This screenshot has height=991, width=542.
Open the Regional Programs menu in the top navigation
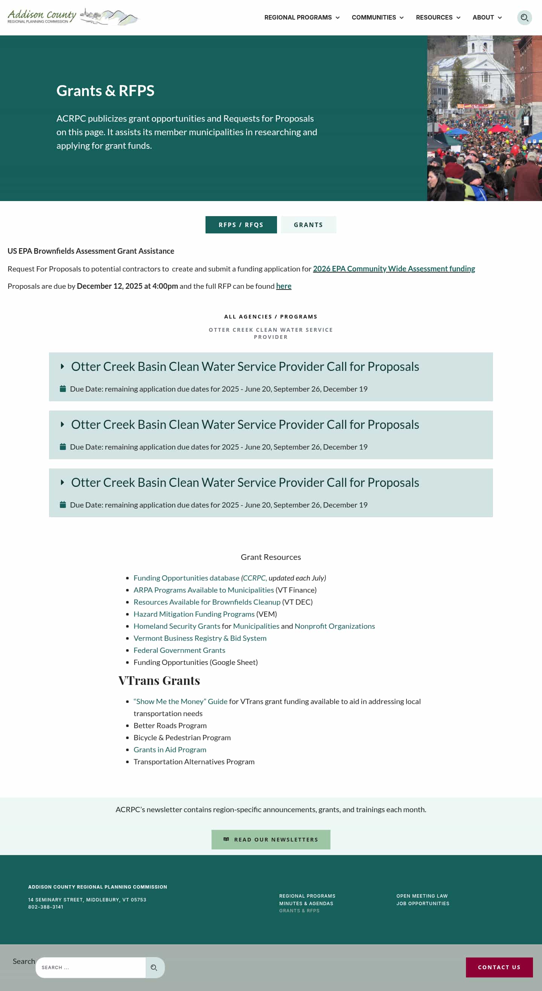(x=301, y=18)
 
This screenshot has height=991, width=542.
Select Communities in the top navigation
(x=378, y=18)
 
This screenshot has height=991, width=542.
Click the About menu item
(x=487, y=18)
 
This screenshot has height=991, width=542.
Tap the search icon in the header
(x=524, y=18)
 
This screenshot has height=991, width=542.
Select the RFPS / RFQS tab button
(x=241, y=225)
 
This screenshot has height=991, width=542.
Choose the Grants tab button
(x=308, y=225)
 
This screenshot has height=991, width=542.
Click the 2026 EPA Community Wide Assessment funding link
(x=394, y=268)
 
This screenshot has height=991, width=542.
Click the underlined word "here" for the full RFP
(x=283, y=286)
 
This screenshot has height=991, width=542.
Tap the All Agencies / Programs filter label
(x=270, y=317)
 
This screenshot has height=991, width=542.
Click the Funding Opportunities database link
(x=186, y=578)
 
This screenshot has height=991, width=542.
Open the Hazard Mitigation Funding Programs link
(x=194, y=614)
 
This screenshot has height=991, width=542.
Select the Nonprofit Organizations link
(x=334, y=626)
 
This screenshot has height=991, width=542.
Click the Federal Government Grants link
(x=179, y=650)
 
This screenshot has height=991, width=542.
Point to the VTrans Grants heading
(x=159, y=680)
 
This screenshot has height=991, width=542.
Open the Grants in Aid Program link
(x=170, y=749)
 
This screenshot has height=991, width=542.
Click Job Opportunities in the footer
(x=422, y=903)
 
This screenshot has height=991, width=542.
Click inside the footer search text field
(x=90, y=967)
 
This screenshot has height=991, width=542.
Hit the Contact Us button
(x=499, y=967)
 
